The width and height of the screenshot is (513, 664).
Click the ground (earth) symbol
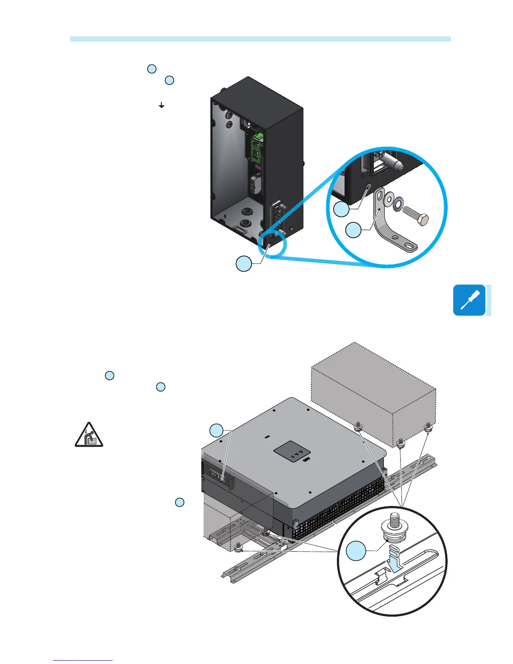coord(161,105)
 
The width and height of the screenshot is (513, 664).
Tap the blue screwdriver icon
coord(469,300)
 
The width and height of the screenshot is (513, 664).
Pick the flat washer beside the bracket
coord(388,197)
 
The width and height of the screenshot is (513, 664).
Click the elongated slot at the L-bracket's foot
coord(409,244)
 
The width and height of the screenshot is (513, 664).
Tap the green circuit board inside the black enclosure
coord(256,149)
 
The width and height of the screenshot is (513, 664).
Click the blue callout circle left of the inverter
coord(217,431)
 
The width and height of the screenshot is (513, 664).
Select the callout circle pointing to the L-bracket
coord(354,230)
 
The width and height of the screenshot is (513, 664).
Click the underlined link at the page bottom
coord(83,660)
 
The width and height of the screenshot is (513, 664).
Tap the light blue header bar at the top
coord(260,39)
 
